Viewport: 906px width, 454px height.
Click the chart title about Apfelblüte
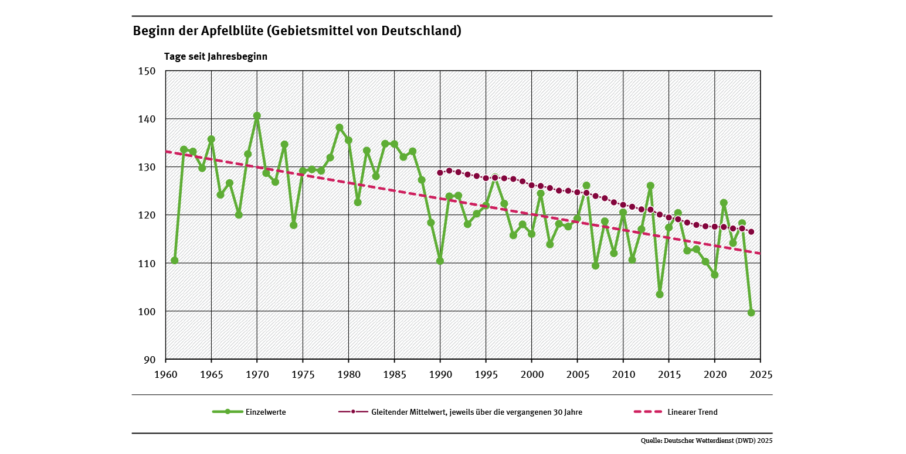(x=297, y=31)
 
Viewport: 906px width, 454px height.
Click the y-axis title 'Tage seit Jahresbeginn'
(x=216, y=57)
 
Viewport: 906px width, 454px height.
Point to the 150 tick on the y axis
(x=147, y=71)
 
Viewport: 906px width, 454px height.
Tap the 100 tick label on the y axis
(x=147, y=312)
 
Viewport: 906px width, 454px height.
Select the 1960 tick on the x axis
(x=166, y=374)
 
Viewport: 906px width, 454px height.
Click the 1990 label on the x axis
(x=440, y=374)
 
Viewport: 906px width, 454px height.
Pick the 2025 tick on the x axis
(x=761, y=374)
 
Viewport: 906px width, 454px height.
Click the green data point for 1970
(x=257, y=116)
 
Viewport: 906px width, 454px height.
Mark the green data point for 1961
(x=175, y=261)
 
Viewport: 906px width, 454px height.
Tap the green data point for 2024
(x=751, y=313)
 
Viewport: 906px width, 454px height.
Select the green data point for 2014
(x=660, y=294)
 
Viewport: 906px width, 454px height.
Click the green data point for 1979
(x=340, y=127)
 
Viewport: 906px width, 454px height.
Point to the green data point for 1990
(x=440, y=261)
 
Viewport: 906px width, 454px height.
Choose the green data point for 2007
(x=596, y=266)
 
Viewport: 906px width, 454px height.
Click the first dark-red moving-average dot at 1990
(x=440, y=173)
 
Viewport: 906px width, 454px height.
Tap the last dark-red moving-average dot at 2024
(x=751, y=232)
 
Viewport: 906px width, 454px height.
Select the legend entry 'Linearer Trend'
(x=692, y=412)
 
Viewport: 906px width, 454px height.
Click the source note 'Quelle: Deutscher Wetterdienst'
(x=707, y=440)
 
